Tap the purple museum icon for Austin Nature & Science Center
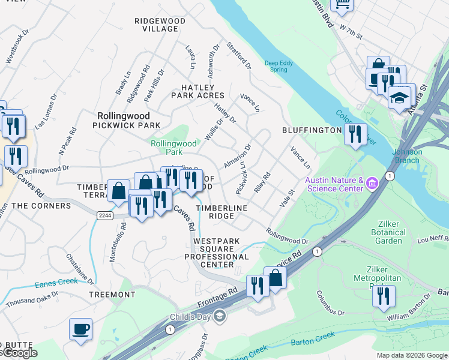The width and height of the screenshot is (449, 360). (x=372, y=182)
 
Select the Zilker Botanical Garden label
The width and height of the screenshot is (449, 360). (x=388, y=232)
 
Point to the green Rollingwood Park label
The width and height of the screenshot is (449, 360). (x=173, y=148)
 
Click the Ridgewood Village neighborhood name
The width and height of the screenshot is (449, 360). (x=160, y=25)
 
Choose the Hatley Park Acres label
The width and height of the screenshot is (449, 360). (x=197, y=91)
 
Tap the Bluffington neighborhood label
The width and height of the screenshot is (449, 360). (x=312, y=130)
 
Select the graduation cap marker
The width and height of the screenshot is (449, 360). (x=399, y=97)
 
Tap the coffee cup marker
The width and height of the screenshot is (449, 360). (x=80, y=329)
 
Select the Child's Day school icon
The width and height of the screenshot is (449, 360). (x=220, y=316)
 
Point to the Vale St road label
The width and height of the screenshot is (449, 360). (x=287, y=197)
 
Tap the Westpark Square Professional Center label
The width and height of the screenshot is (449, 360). (x=216, y=253)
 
